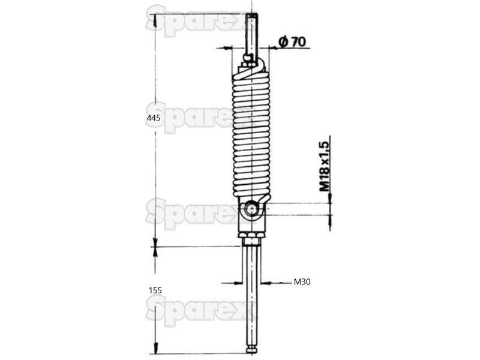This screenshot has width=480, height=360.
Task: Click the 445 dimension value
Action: click(x=154, y=118)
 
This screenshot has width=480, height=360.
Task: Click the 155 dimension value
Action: click(x=155, y=290)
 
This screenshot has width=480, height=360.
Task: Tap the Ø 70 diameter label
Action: click(x=292, y=41)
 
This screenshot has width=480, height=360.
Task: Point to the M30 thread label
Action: click(x=302, y=281)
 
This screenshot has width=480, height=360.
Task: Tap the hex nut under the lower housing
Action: click(x=251, y=235)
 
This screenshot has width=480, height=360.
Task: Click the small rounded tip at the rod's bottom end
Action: click(x=252, y=349)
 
